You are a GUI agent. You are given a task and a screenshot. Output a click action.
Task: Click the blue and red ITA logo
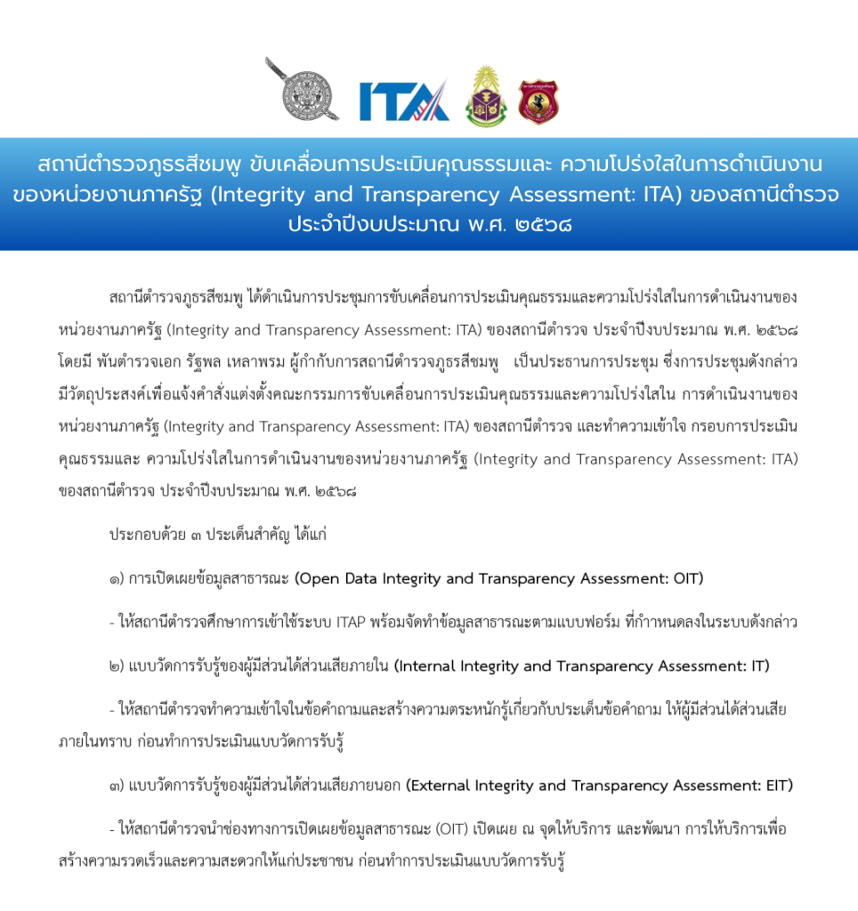pyautogui.click(x=403, y=101)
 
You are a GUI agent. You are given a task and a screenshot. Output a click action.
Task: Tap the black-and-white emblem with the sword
pyautogui.click(x=303, y=91)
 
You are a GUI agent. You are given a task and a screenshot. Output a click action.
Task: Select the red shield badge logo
pyautogui.click(x=538, y=101)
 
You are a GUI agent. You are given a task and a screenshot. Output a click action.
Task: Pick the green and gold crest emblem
pyautogui.click(x=487, y=96)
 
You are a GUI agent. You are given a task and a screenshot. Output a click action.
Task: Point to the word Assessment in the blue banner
pyautogui.click(x=599, y=194)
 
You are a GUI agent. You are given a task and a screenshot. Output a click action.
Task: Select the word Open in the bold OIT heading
pyautogui.click(x=317, y=578)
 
